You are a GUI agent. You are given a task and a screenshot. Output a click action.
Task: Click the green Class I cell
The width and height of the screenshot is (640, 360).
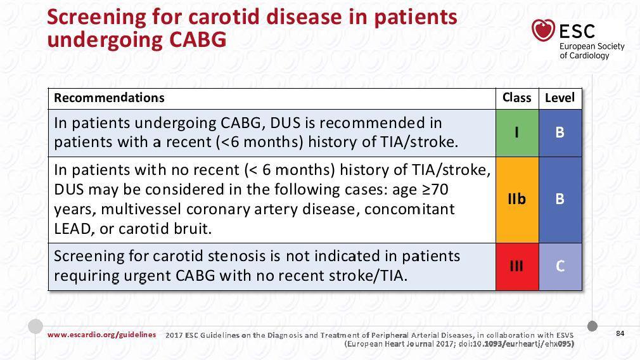click(x=517, y=133)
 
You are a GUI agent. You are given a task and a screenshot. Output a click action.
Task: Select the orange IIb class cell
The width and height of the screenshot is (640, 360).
click(x=517, y=200)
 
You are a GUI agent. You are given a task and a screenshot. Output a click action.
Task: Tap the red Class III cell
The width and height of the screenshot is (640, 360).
click(x=517, y=267)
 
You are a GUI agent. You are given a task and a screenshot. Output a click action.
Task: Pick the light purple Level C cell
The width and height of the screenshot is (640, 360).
click(x=560, y=267)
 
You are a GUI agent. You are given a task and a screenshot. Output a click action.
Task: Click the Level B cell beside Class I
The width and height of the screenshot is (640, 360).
click(x=560, y=133)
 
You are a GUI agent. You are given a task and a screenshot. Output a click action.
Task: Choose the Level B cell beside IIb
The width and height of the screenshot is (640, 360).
click(x=560, y=200)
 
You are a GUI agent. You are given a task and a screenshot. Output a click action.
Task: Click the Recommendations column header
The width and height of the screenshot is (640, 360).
click(x=109, y=98)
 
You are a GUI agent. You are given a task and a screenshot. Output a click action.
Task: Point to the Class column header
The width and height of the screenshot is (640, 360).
click(x=516, y=98)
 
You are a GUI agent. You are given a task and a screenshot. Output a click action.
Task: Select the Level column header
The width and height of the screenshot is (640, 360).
click(x=560, y=98)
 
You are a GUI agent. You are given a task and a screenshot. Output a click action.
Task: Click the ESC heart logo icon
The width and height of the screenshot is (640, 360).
click(x=543, y=30)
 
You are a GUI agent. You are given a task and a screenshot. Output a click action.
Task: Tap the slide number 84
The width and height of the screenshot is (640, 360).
click(x=620, y=333)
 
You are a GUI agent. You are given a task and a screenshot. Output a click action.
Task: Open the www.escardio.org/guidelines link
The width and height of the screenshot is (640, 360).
click(x=101, y=335)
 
